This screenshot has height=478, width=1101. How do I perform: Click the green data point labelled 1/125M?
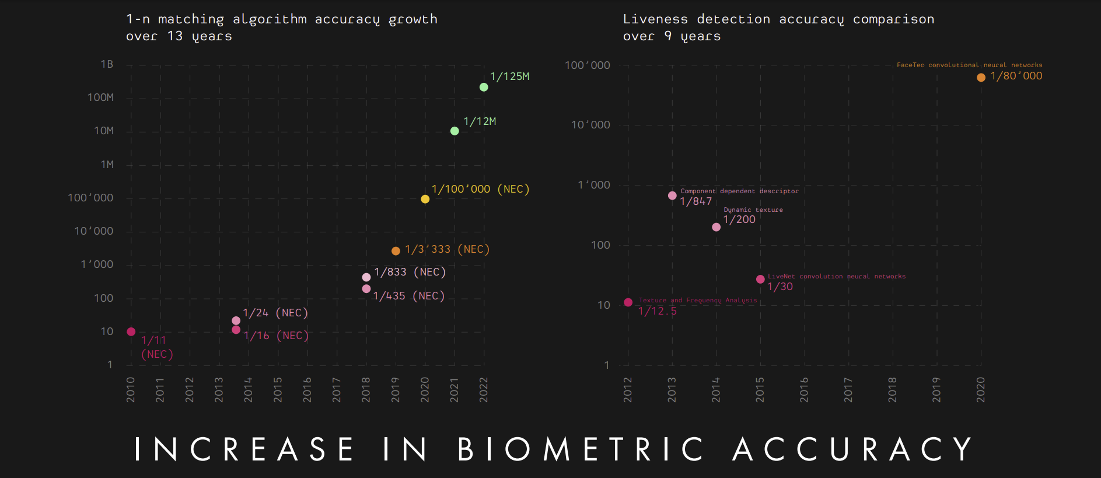[x=484, y=87]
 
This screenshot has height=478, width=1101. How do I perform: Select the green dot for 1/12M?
[x=455, y=131]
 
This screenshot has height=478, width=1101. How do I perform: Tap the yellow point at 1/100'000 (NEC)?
[x=425, y=199]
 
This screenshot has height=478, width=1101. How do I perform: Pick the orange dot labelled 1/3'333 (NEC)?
[x=396, y=251]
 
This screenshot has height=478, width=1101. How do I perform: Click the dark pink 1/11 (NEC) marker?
[x=131, y=332]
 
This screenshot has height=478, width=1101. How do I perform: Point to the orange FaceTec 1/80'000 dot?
[x=981, y=78]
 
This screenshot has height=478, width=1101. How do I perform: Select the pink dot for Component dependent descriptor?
[x=672, y=196]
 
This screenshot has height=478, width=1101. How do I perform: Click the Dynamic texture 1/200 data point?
[x=716, y=227]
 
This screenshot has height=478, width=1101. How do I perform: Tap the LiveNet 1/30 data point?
[x=760, y=280]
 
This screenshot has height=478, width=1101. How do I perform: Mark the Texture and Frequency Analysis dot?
[x=628, y=302]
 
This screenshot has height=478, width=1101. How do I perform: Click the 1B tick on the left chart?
[x=107, y=64]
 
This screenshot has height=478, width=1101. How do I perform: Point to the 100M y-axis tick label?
[x=100, y=97]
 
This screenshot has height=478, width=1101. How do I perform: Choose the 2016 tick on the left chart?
[x=307, y=389]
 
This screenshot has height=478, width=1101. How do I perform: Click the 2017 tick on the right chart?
[x=848, y=389]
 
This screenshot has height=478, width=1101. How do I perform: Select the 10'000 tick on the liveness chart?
[x=590, y=125]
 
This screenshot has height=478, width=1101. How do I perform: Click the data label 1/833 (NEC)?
[x=410, y=272]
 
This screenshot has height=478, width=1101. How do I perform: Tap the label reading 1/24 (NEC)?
[x=275, y=313]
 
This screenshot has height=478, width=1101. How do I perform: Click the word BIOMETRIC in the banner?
[x=581, y=450]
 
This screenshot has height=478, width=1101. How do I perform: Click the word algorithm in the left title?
[x=270, y=19]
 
